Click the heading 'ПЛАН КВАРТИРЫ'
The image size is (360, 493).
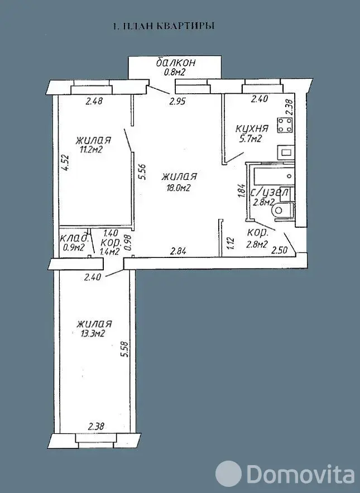168,26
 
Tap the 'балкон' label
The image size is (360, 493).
176,63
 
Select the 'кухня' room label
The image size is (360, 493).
252,128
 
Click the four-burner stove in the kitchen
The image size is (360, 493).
285,125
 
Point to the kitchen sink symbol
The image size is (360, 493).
285,152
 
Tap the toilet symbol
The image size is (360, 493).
283,209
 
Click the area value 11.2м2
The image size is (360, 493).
91,149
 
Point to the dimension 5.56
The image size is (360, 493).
142,173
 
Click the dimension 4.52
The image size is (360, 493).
65,162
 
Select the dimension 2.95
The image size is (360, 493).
177,102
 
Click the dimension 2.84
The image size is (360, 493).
178,251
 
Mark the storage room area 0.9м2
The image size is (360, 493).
74,248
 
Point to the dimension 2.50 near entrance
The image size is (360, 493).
280,251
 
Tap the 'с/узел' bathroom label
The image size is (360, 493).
270,193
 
